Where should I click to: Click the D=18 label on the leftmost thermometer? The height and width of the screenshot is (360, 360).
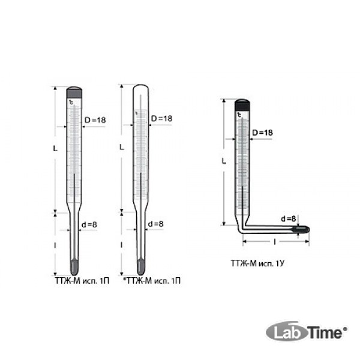tap(95, 120)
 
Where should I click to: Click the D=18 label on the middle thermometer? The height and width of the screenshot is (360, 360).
tap(161, 118)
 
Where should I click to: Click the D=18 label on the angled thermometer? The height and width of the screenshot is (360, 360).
tap(262, 133)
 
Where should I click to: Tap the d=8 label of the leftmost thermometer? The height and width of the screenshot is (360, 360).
tap(89, 224)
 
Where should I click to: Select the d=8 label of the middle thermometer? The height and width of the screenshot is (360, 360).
tap(155, 224)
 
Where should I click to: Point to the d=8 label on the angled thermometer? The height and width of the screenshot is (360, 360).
tap(289, 218)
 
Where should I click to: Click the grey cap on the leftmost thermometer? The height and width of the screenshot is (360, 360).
tap(74, 92)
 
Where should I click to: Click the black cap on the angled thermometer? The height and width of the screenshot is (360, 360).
tap(242, 105)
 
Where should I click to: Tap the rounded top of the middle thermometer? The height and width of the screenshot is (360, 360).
tap(141, 88)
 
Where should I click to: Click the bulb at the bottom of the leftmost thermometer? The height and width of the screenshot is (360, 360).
tap(74, 267)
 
